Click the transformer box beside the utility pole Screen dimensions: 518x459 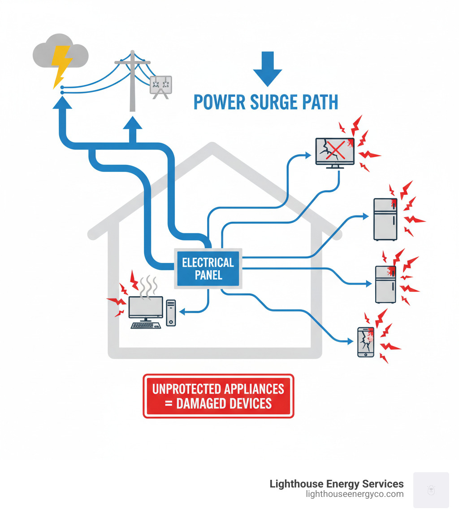pos(160,85)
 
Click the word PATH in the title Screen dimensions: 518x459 pos(316,102)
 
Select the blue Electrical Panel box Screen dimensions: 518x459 pos(208,268)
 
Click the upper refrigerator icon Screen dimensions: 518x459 pos(385,219)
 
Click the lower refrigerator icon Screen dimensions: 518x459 pos(385,284)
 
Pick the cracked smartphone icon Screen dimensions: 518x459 pos(365,342)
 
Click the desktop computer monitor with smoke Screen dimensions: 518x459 pos(146,307)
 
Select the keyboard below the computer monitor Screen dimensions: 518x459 pos(146,325)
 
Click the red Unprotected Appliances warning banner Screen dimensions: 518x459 pos(218,396)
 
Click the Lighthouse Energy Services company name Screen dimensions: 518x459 pos(336,484)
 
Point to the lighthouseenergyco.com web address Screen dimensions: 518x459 pos(354,494)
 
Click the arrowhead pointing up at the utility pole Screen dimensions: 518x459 pos(132,123)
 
